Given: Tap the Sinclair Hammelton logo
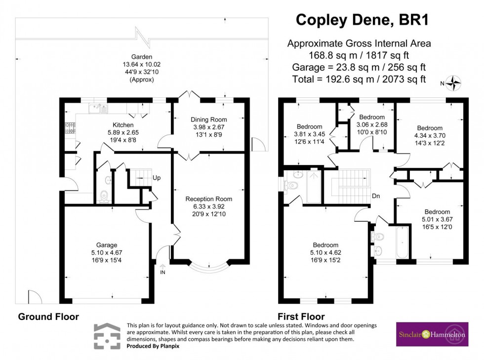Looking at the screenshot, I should click(x=432, y=334).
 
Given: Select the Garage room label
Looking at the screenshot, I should click(x=107, y=244).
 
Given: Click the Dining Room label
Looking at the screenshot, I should click(x=209, y=120).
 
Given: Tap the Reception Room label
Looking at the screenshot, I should click(x=208, y=199).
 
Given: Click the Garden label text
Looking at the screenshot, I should click(x=141, y=57).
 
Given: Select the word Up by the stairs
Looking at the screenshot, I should click(x=157, y=178).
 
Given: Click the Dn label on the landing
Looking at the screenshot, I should click(x=376, y=196).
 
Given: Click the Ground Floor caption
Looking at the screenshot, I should click(x=48, y=317).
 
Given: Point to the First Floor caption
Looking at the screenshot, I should click(x=300, y=317).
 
